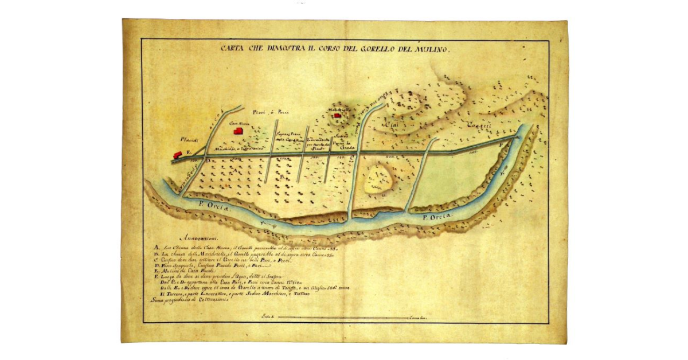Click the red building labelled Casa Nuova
237,131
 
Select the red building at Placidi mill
177,154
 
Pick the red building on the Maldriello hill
338,116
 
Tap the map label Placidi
189,139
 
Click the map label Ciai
390,124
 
